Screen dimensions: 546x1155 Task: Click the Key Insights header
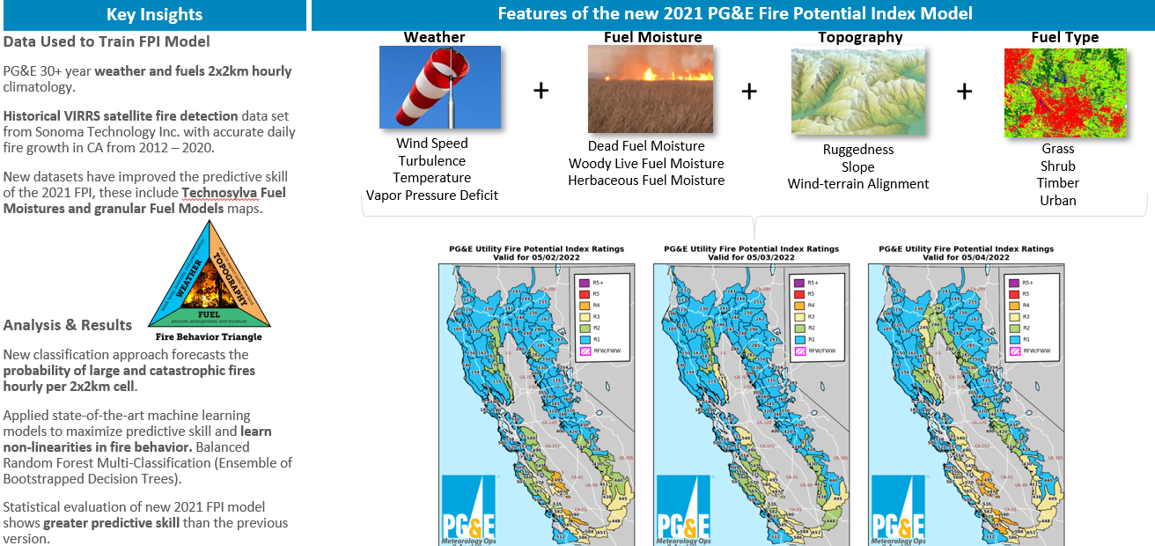(x=154, y=14)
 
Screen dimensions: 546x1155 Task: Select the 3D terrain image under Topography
(x=858, y=92)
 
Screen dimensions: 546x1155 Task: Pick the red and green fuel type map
(x=1064, y=92)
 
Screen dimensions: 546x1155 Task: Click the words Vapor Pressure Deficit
(x=432, y=196)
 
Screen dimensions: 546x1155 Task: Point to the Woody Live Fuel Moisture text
(x=646, y=164)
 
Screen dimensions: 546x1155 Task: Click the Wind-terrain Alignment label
(x=858, y=184)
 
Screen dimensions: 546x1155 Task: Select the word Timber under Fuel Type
(x=1058, y=183)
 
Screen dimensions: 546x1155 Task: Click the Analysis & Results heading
(x=68, y=325)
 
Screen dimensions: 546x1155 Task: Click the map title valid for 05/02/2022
(x=536, y=253)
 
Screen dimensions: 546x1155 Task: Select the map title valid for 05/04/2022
(x=966, y=253)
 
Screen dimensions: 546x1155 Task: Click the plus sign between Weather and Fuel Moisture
(x=541, y=91)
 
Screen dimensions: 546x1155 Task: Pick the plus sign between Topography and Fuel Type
(x=965, y=92)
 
